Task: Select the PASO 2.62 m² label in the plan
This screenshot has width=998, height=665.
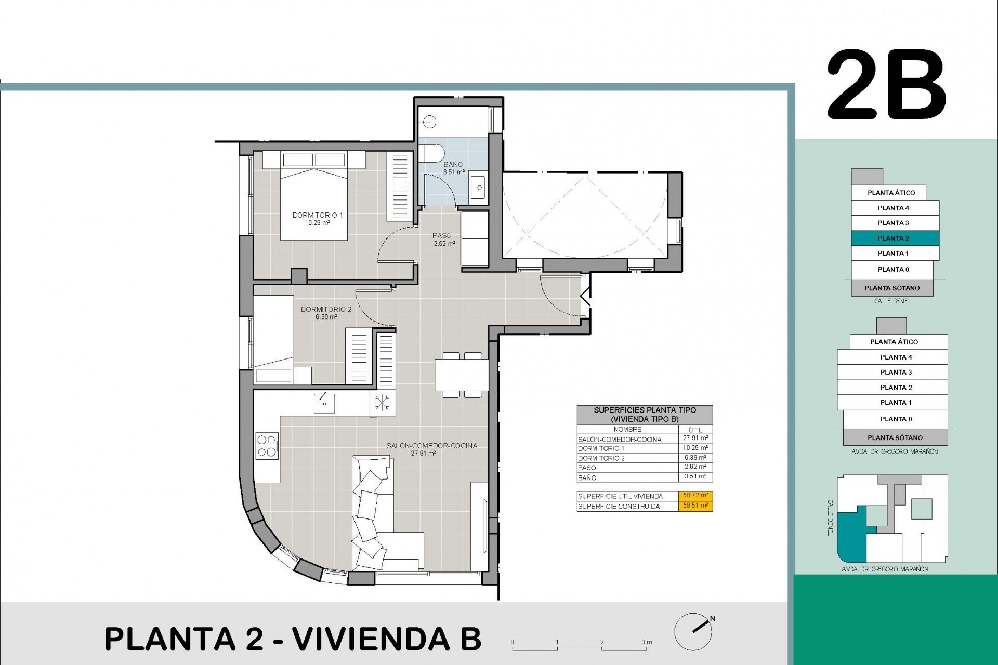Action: (443, 239)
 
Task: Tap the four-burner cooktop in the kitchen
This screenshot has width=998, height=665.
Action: (267, 446)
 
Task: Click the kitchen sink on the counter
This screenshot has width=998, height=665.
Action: (324, 403)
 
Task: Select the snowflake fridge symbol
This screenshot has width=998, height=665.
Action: (382, 403)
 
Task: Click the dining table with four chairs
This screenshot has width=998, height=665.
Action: (461, 375)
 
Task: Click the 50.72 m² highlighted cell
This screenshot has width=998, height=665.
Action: (695, 496)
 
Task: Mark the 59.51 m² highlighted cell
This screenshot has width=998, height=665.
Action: (695, 506)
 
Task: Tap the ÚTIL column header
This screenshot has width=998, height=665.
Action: (695, 430)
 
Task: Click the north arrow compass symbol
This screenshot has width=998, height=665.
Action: (694, 630)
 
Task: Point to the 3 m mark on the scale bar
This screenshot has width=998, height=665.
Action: (646, 643)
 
